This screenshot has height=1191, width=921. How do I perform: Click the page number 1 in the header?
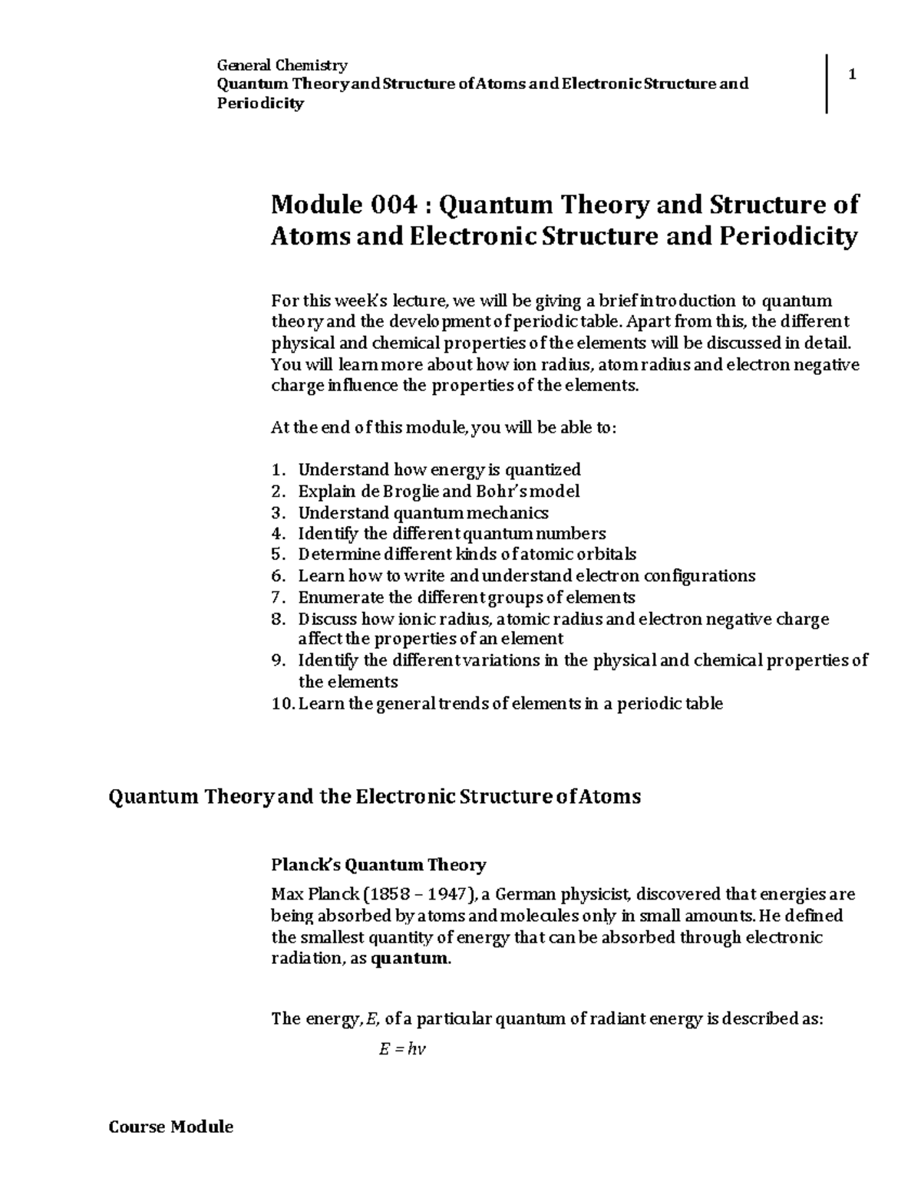click(851, 74)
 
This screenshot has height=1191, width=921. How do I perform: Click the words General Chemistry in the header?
click(283, 65)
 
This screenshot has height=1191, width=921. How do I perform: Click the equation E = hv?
click(402, 1049)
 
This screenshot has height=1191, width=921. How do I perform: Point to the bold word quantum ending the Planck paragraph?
click(408, 959)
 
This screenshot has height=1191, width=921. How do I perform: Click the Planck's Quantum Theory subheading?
click(378, 865)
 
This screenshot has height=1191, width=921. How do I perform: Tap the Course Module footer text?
click(171, 1127)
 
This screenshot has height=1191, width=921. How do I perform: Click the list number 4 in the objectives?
click(278, 533)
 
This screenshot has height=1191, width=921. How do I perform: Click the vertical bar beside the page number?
click(827, 84)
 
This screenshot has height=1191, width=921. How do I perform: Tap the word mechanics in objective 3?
click(510, 512)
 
